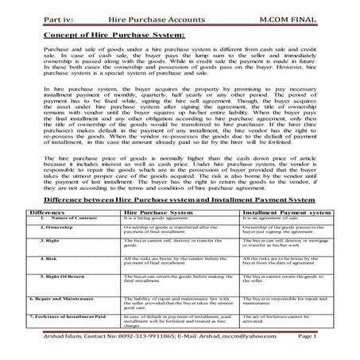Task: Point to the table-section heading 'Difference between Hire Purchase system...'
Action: [180, 202]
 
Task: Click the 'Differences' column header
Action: [42, 214]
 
